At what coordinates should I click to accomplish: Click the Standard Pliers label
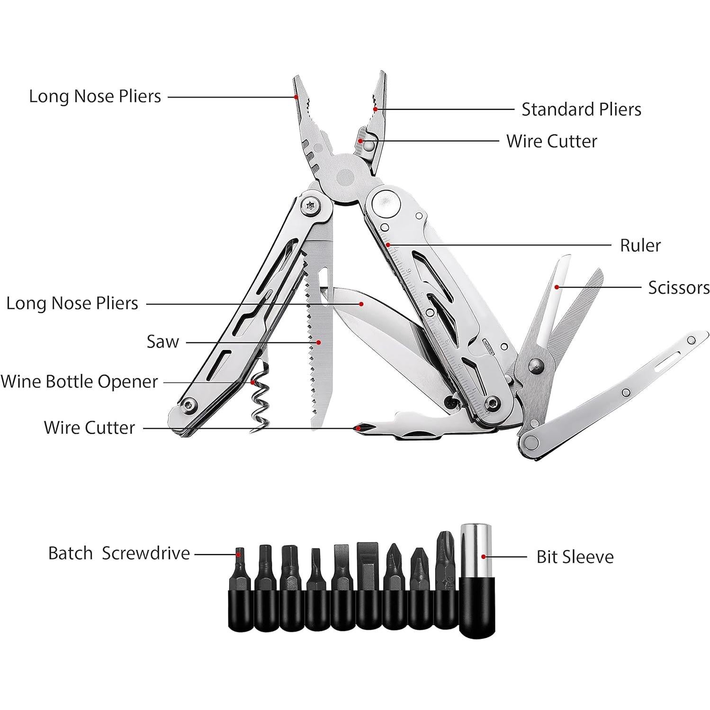tap(581, 109)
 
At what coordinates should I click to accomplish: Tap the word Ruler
tap(640, 245)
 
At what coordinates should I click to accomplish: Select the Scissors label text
tap(678, 288)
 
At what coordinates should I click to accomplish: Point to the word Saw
tap(162, 342)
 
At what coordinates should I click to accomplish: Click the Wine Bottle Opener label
tap(79, 381)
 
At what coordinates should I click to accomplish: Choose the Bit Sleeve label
tap(575, 557)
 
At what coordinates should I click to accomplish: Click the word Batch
tap(71, 553)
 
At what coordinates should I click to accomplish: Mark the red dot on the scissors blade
tap(557, 287)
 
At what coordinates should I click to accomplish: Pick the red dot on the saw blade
tap(318, 342)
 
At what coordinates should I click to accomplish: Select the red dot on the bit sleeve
tap(484, 557)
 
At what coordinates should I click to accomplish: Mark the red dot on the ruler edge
tap(388, 245)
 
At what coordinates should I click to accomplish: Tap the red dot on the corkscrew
tap(253, 382)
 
